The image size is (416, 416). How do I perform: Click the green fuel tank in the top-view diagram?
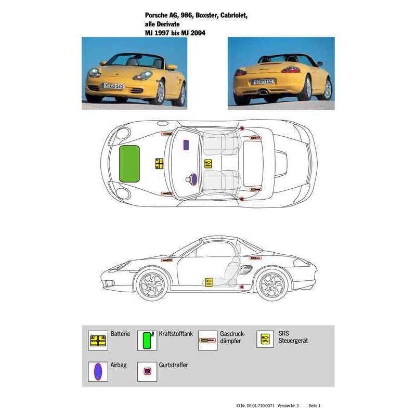pos(129,164)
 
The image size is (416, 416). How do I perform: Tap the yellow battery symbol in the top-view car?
pos(159,164)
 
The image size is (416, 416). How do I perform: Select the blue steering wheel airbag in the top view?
pos(194,179)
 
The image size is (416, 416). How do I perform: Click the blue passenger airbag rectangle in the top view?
pos(186,145)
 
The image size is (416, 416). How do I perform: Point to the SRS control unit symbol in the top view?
pos(209,164)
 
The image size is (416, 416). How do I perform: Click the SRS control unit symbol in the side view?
pos(209,282)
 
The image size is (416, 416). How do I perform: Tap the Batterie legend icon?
pos(98,341)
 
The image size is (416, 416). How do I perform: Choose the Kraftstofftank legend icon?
pos(147,341)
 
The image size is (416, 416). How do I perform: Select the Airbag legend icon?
pos(98,371)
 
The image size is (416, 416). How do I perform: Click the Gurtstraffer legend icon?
pos(147,371)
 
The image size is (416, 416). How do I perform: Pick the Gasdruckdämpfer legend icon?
pos(207,341)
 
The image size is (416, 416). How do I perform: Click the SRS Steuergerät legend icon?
pos(265,339)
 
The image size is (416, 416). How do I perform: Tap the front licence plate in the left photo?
pos(113,86)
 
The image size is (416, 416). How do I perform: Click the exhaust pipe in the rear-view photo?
pos(264,93)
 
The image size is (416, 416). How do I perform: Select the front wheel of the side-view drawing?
pos(152,285)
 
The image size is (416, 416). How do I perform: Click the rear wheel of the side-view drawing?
pos(272,285)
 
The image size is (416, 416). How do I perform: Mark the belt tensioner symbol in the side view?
pos(241,287)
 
